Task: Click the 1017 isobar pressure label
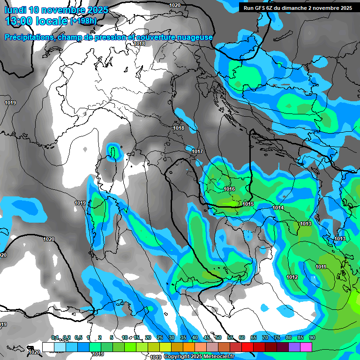pyautogui.click(x=197, y=151)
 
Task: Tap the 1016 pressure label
pyautogui.click(x=229, y=189)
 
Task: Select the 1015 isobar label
pyautogui.click(x=248, y=204)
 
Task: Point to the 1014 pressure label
pyautogui.click(x=278, y=208)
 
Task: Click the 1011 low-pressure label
pyautogui.click(x=321, y=267)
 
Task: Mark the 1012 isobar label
pyautogui.click(x=292, y=277)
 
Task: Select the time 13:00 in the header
pyautogui.click(x=20, y=21)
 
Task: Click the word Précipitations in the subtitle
pyautogui.click(x=29, y=37)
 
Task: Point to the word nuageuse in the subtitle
pyautogui.click(x=196, y=37)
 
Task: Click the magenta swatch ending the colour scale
pyautogui.click(x=306, y=346)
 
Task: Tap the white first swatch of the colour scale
pyautogui.click(x=48, y=346)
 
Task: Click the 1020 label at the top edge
pyautogui.click(x=175, y=5)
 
